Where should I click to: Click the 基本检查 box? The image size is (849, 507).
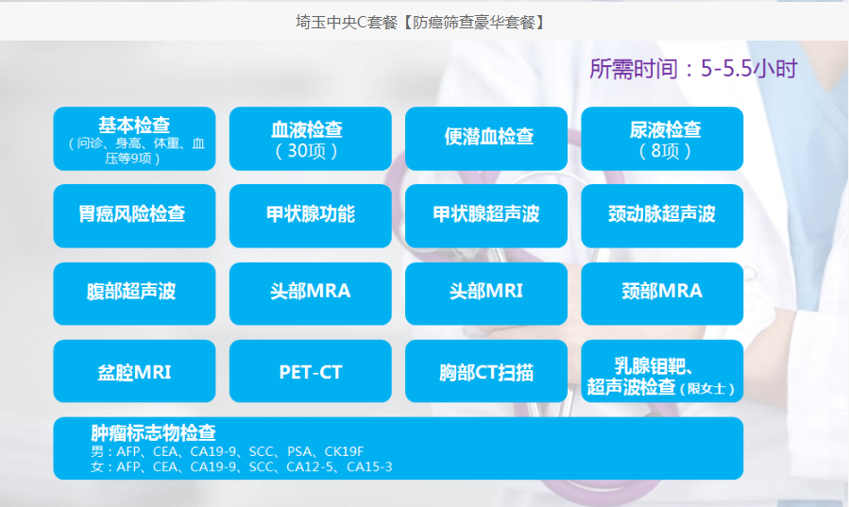134,139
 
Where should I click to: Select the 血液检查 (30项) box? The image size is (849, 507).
311,139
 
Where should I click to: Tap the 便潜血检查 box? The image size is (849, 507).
486,139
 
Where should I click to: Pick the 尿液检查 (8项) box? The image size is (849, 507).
662,139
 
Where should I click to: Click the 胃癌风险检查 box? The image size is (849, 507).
134,216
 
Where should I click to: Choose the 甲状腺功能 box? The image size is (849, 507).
311,216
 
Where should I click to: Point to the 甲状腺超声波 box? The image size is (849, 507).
486,216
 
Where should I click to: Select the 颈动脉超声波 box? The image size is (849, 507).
662,216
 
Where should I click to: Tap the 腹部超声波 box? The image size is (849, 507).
134,294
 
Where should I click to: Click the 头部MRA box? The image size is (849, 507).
311,294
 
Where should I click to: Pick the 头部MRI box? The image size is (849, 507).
486,294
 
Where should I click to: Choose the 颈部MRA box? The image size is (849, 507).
662,294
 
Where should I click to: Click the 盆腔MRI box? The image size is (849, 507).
134,371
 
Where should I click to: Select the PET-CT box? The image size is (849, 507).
311,371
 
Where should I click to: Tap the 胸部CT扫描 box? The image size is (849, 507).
486,371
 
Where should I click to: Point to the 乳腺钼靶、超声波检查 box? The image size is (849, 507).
662,371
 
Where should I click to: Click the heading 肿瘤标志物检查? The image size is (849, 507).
153,432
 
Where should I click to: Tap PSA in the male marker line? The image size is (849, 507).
299,451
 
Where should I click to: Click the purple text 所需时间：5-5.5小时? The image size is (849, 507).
693,69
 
